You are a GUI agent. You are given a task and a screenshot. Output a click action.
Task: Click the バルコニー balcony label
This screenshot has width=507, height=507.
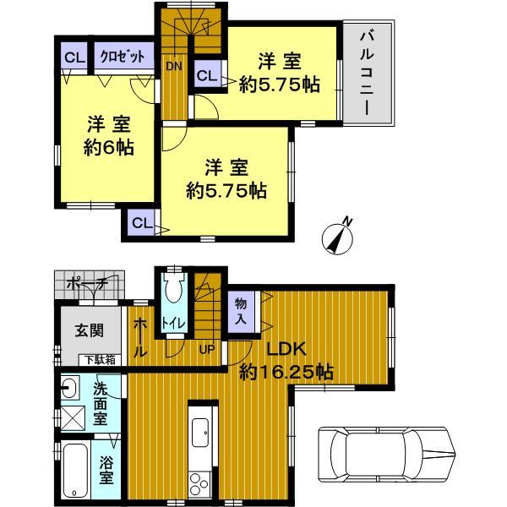(368, 74)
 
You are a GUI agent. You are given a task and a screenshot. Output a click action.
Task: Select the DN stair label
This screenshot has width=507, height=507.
(173, 65)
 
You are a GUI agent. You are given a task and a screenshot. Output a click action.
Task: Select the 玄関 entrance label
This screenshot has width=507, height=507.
(83, 330)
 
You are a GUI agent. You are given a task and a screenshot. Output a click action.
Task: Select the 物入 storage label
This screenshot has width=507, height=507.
(241, 311)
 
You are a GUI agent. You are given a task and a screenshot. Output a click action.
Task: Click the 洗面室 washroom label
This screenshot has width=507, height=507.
(100, 405)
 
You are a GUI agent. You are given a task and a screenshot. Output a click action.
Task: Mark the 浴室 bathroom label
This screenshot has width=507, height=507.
(106, 470)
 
